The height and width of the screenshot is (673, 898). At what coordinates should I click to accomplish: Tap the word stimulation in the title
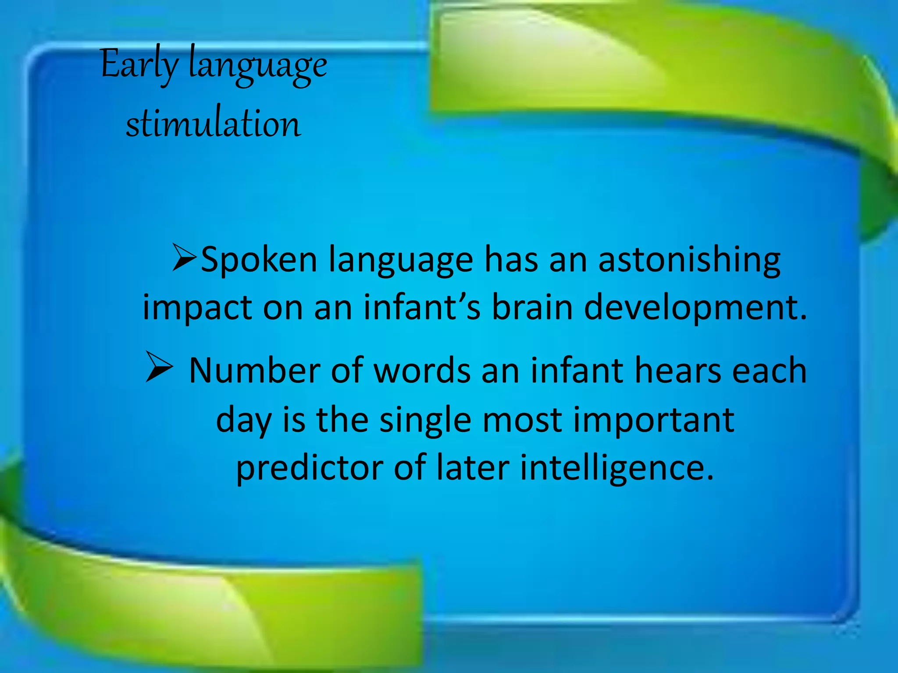point(214,124)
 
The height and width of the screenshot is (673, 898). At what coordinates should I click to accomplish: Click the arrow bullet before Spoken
point(184,258)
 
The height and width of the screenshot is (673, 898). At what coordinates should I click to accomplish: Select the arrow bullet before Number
point(159,367)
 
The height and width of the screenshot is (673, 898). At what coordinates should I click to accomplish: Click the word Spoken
point(259,260)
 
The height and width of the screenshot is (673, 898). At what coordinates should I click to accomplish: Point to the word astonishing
point(689,260)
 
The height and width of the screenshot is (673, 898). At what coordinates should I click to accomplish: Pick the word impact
point(197,308)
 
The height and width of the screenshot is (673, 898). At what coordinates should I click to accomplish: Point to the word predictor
point(310,468)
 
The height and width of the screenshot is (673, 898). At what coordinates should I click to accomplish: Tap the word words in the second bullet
point(422,371)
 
